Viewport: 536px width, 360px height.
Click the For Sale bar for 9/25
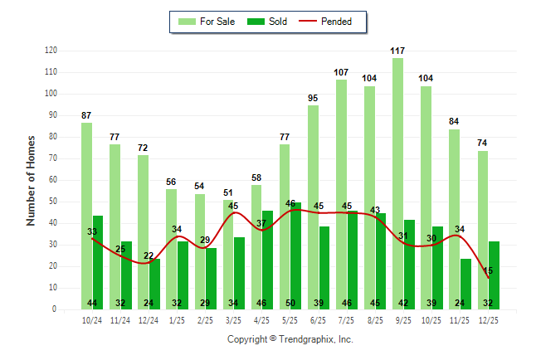tap(398, 182)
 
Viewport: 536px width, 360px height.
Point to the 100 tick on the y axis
tap(51, 94)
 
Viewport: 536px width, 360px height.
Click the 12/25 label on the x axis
tap(489, 319)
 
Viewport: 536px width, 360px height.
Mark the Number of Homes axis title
tap(32, 180)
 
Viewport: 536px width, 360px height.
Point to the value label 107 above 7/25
tap(341, 72)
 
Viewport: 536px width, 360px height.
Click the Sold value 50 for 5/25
tap(290, 303)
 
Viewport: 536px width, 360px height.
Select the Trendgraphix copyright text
tap(290, 339)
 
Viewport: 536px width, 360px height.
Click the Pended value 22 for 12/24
tap(149, 255)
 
